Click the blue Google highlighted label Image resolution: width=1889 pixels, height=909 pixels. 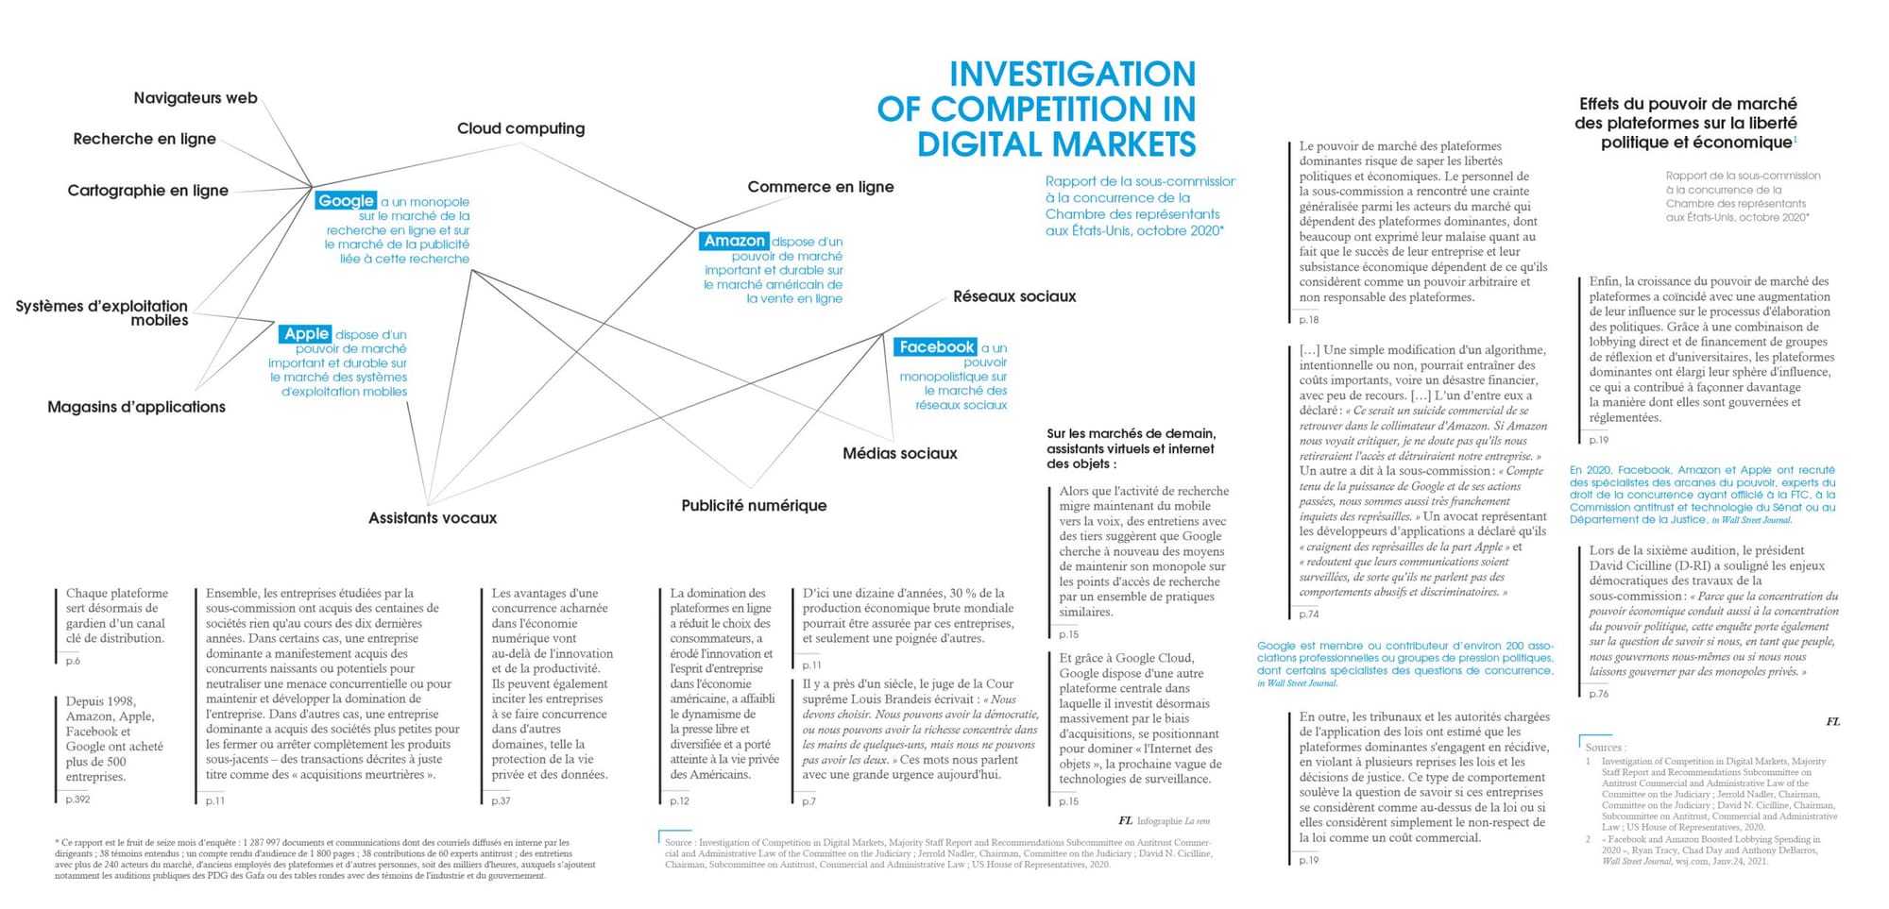tap(346, 201)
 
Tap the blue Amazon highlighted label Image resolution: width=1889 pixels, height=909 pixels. tap(734, 241)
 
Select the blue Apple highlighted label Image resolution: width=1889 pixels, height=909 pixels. tap(306, 333)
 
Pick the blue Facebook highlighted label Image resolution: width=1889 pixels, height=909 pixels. tap(936, 347)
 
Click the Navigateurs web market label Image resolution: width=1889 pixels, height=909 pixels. tap(196, 98)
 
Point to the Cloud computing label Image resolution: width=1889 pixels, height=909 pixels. tap(520, 128)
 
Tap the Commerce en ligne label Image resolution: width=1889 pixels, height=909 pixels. tap(820, 187)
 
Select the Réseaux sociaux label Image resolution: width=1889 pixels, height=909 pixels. tap(1014, 296)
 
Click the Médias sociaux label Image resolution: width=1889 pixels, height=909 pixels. tap(899, 454)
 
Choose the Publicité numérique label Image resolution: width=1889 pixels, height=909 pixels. tap(754, 506)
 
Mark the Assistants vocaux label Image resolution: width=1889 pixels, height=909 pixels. tap(432, 518)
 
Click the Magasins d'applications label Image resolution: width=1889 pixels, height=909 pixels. tap(136, 407)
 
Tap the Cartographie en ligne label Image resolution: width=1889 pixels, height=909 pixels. tap(147, 191)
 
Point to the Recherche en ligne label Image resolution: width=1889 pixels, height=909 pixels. tap(145, 139)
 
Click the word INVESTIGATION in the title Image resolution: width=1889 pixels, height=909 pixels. tap(1072, 74)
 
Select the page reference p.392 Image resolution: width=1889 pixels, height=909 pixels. tap(78, 800)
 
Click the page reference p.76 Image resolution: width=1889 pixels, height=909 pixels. tap(1598, 694)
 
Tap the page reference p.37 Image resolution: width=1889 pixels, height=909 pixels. tap(501, 800)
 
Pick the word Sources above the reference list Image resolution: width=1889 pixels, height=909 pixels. tap(1604, 747)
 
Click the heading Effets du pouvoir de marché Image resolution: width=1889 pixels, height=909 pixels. tap(1687, 105)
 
